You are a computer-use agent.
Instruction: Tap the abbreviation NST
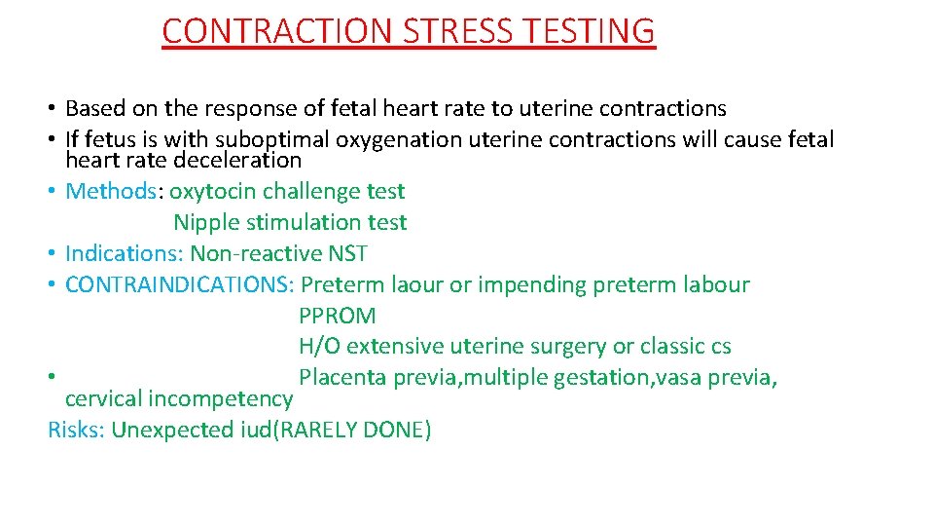pos(347,253)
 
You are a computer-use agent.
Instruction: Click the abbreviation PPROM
pos(337,316)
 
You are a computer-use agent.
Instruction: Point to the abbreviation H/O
pos(319,346)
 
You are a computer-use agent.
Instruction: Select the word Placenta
pos(342,377)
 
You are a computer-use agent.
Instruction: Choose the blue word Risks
pos(75,430)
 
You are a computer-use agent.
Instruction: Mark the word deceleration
pos(237,160)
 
